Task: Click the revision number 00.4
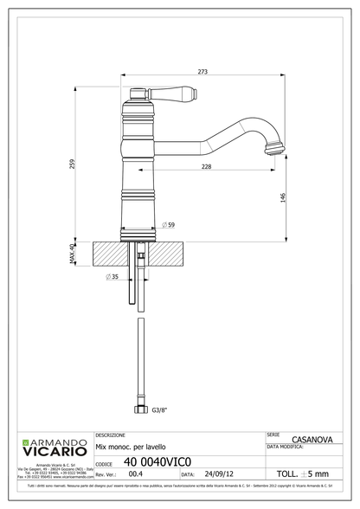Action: pos(136,474)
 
